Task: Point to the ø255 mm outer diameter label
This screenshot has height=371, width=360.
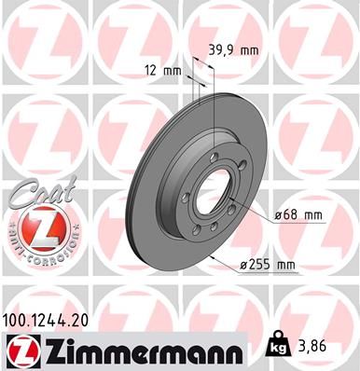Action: (x=269, y=266)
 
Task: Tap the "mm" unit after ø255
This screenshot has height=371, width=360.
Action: (x=284, y=266)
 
